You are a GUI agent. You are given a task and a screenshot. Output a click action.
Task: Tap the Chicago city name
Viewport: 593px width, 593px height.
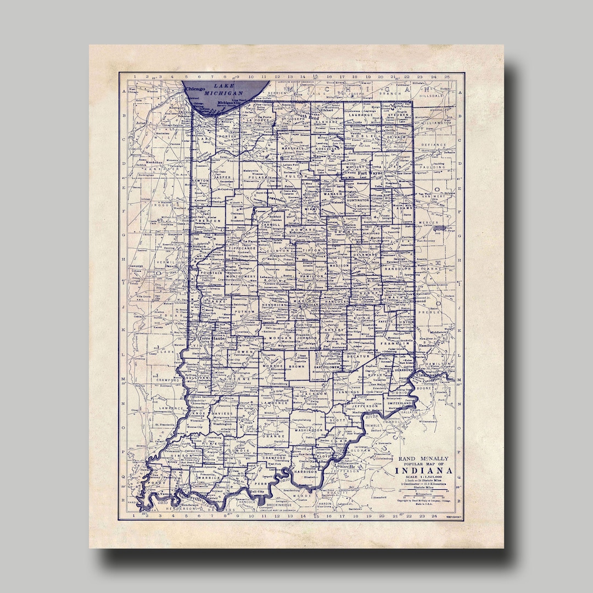[195, 88]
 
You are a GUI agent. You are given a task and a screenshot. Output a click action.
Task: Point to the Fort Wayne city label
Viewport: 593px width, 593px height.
[369, 174]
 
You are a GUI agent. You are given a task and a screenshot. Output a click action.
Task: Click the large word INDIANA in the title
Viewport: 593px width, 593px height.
[424, 471]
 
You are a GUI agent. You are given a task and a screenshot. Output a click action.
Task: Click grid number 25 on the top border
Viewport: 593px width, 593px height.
[447, 77]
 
